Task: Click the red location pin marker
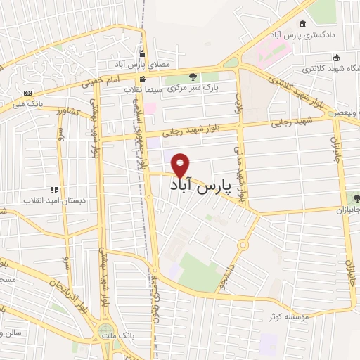pos(181,165)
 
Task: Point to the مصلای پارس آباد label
pos(143,65)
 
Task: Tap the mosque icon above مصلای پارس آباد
pos(143,53)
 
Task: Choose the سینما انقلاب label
pos(144,89)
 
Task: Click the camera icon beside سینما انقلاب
pos(143,79)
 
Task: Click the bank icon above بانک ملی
pos(27,93)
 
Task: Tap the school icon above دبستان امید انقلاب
pos(53,188)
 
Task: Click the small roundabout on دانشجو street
pos(243,245)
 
